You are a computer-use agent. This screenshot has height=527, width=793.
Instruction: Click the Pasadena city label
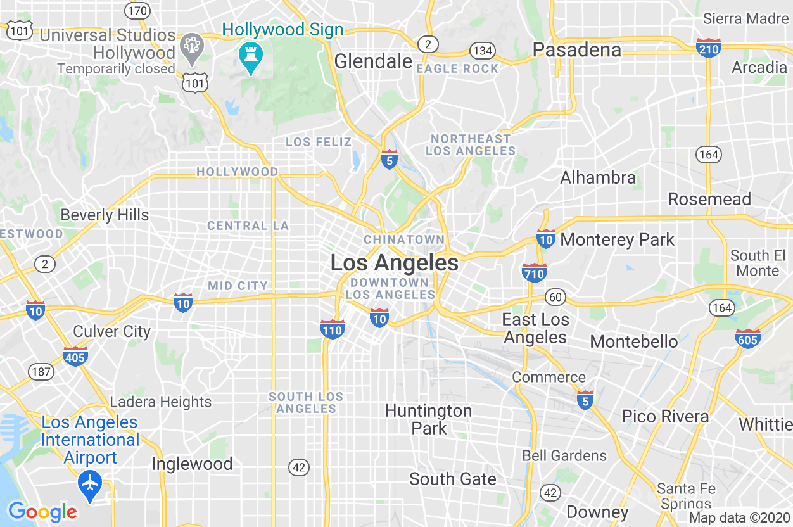click(x=576, y=49)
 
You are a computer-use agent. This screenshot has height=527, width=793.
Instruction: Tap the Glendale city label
click(x=373, y=61)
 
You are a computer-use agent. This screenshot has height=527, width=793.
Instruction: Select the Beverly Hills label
click(x=105, y=215)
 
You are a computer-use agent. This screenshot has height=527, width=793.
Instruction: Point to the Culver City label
click(x=112, y=331)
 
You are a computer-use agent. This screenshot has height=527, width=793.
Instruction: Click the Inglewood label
click(x=192, y=464)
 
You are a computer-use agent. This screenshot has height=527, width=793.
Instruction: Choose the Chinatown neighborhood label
click(x=403, y=239)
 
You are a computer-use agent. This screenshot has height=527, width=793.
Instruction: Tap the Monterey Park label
click(x=618, y=239)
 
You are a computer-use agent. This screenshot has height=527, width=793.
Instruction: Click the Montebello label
click(x=634, y=341)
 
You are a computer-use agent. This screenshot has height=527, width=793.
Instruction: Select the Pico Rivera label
click(x=665, y=416)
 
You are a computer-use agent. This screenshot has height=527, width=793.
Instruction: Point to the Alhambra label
click(x=598, y=177)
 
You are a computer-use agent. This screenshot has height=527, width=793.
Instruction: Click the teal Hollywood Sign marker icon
click(x=251, y=56)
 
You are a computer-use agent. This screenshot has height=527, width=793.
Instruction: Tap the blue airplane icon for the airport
click(x=91, y=483)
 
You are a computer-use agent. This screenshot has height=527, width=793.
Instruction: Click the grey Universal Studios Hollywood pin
click(x=191, y=48)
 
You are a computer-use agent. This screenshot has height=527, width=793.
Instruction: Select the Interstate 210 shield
click(x=708, y=48)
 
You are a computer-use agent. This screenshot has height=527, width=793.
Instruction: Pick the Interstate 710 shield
click(x=535, y=272)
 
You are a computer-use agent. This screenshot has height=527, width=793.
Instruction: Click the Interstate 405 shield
click(x=75, y=357)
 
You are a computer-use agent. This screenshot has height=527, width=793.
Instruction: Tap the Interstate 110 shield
click(x=333, y=328)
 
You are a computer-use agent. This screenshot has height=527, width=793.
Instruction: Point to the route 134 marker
click(x=482, y=51)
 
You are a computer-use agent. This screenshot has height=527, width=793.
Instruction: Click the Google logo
click(x=42, y=512)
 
